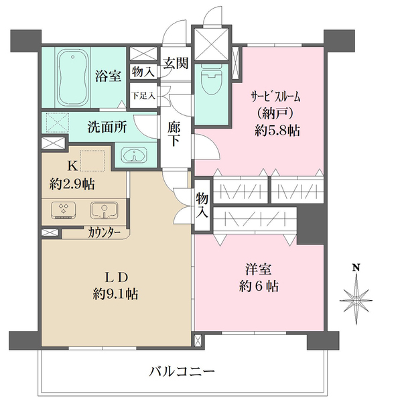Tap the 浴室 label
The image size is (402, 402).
(107, 76)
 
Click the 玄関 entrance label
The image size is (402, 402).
(176, 64)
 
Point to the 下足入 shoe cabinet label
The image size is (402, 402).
(142, 95)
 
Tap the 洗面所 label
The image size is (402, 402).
(107, 126)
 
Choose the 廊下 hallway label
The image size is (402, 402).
(174, 133)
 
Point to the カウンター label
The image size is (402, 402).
(104, 233)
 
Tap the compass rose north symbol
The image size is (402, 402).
(357, 295)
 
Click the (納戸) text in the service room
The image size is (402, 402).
(275, 112)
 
